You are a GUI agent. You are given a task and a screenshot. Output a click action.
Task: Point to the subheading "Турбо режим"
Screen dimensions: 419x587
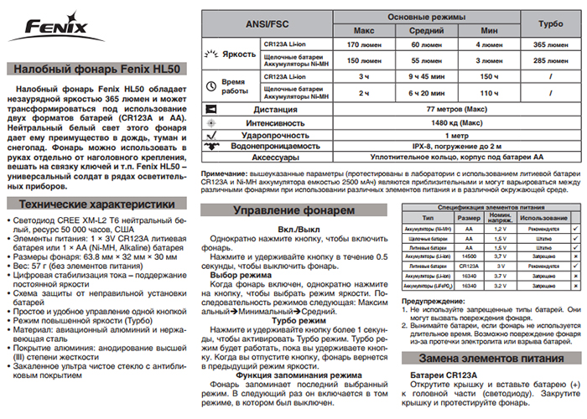pyautogui.click(x=294, y=321)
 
